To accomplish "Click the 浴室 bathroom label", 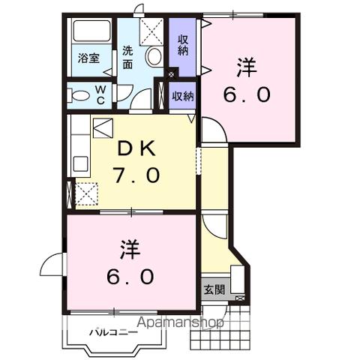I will pyautogui.click(x=89, y=58).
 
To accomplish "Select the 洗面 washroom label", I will pyautogui.click(x=128, y=58).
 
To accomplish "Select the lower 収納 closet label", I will pyautogui.click(x=183, y=96).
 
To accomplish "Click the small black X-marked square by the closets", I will pyautogui.click(x=172, y=73).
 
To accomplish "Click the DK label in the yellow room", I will pyautogui.click(x=136, y=148).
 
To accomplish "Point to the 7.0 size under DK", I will pyautogui.click(x=136, y=176).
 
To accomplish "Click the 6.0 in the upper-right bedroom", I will pyautogui.click(x=247, y=95).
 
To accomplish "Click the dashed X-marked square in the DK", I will pyautogui.click(x=86, y=193).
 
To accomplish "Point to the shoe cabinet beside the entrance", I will pyautogui.click(x=238, y=279).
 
